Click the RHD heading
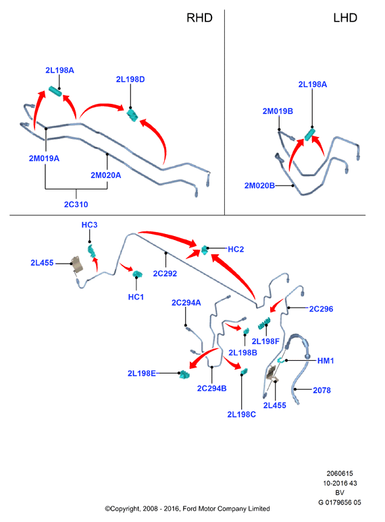click(x=199, y=18)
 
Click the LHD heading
click(x=345, y=18)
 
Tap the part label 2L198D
click(x=130, y=79)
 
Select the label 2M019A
click(x=44, y=158)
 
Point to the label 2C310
click(x=76, y=204)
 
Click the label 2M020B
click(x=259, y=185)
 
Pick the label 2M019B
click(x=278, y=111)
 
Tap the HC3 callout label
click(x=89, y=225)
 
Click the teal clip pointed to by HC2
click(x=205, y=250)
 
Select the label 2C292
click(x=165, y=273)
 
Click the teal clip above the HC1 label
click(x=137, y=274)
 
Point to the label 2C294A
click(x=186, y=303)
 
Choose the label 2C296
click(x=321, y=309)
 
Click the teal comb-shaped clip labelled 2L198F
click(x=263, y=322)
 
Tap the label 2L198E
click(x=142, y=373)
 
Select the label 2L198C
click(x=241, y=415)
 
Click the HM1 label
click(x=326, y=361)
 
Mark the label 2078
click(x=322, y=390)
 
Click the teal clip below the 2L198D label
click(x=132, y=115)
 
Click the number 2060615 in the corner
click(x=340, y=473)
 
